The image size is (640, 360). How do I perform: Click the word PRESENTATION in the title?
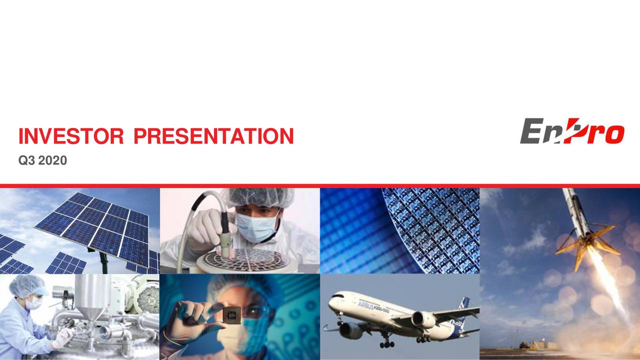point(213,136)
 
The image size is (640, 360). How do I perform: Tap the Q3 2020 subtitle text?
point(42,160)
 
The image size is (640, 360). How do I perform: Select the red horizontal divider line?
point(320,186)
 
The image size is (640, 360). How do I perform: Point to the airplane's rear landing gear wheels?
point(423,339)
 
